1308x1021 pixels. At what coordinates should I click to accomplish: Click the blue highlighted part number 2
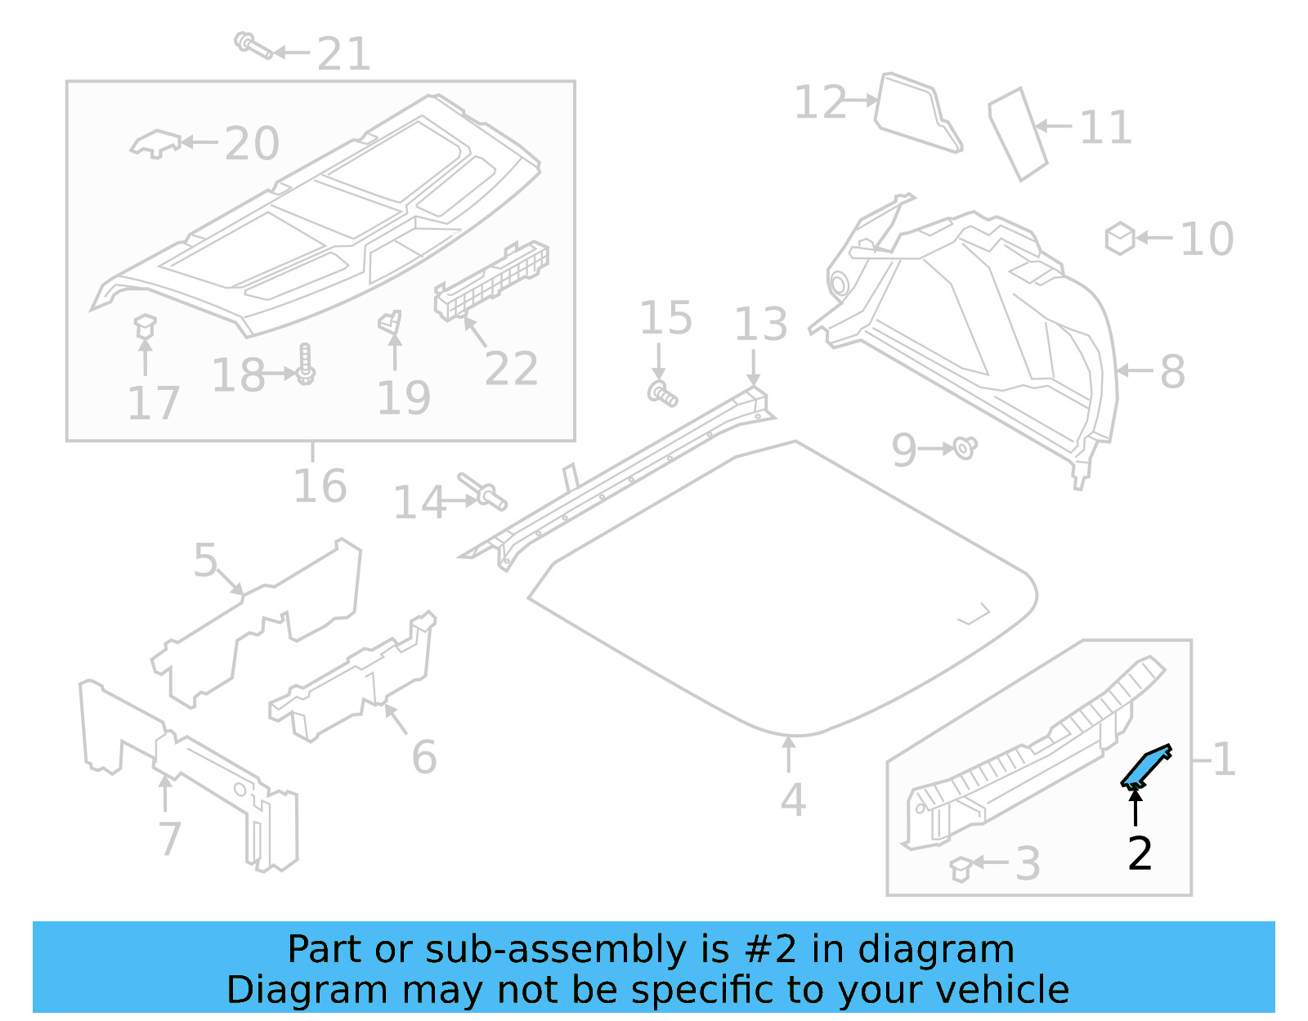pyautogui.click(x=1145, y=767)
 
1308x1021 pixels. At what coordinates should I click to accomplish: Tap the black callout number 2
pyautogui.click(x=1140, y=853)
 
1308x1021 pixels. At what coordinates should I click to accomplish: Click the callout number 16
pyautogui.click(x=320, y=486)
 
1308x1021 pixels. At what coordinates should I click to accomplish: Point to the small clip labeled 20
pyautogui.click(x=155, y=143)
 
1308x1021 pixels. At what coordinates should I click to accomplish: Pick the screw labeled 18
pyautogui.click(x=306, y=365)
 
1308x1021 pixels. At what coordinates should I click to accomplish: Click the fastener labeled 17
pyautogui.click(x=145, y=327)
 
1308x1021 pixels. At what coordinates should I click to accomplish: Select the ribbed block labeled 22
pyautogui.click(x=490, y=279)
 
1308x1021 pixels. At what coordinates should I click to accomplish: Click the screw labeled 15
pyautogui.click(x=662, y=393)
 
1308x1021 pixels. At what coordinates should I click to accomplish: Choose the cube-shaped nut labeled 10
pyautogui.click(x=1119, y=238)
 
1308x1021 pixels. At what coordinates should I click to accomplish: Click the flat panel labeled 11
pyautogui.click(x=1018, y=133)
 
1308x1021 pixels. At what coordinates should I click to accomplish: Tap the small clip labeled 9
pyautogui.click(x=965, y=447)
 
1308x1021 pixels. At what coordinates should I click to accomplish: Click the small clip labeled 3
pyautogui.click(x=961, y=868)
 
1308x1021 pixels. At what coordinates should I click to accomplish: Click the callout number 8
pyautogui.click(x=1172, y=372)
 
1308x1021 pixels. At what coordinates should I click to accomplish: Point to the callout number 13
pyautogui.click(x=760, y=325)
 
